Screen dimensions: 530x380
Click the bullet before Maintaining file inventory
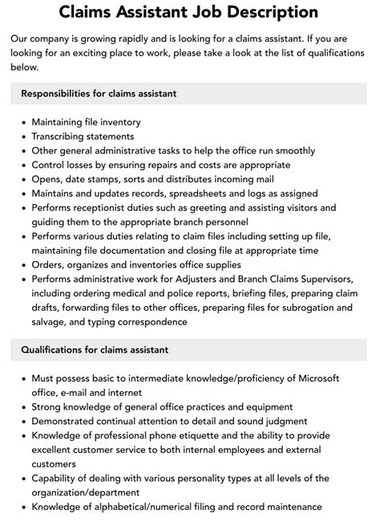click(x=23, y=122)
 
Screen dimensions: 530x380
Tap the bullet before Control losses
click(x=23, y=165)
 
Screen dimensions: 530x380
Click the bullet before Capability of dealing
click(x=23, y=479)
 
